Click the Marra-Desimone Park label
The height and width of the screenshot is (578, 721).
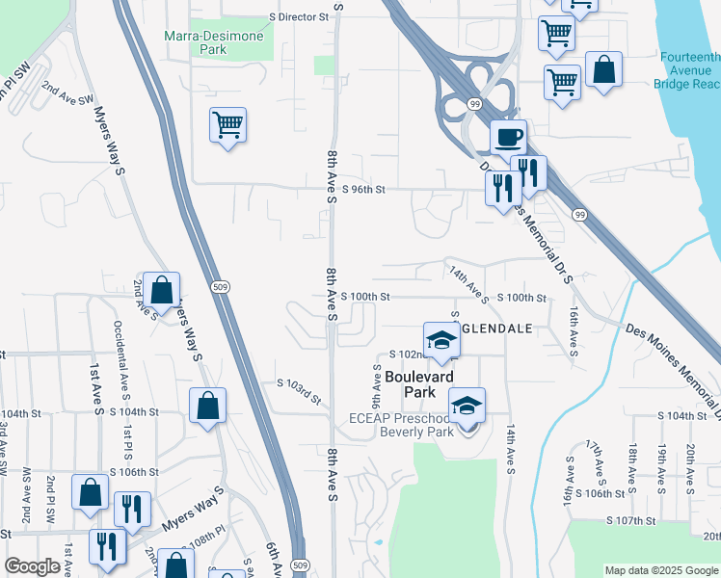tap(220, 40)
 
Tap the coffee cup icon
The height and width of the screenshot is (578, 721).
tap(508, 136)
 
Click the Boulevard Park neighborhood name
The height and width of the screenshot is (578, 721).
tap(418, 385)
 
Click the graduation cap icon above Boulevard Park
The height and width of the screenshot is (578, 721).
tap(441, 340)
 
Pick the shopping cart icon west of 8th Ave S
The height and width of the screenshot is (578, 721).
tap(227, 124)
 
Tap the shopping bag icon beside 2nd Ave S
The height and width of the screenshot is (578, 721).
tap(162, 288)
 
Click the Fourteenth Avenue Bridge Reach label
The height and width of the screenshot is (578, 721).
tap(690, 71)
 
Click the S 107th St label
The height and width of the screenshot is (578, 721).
tap(631, 520)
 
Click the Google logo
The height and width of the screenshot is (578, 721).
tap(32, 566)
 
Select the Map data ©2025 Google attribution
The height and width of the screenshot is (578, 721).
tap(661, 570)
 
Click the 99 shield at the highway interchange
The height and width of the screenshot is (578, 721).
tap(475, 103)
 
